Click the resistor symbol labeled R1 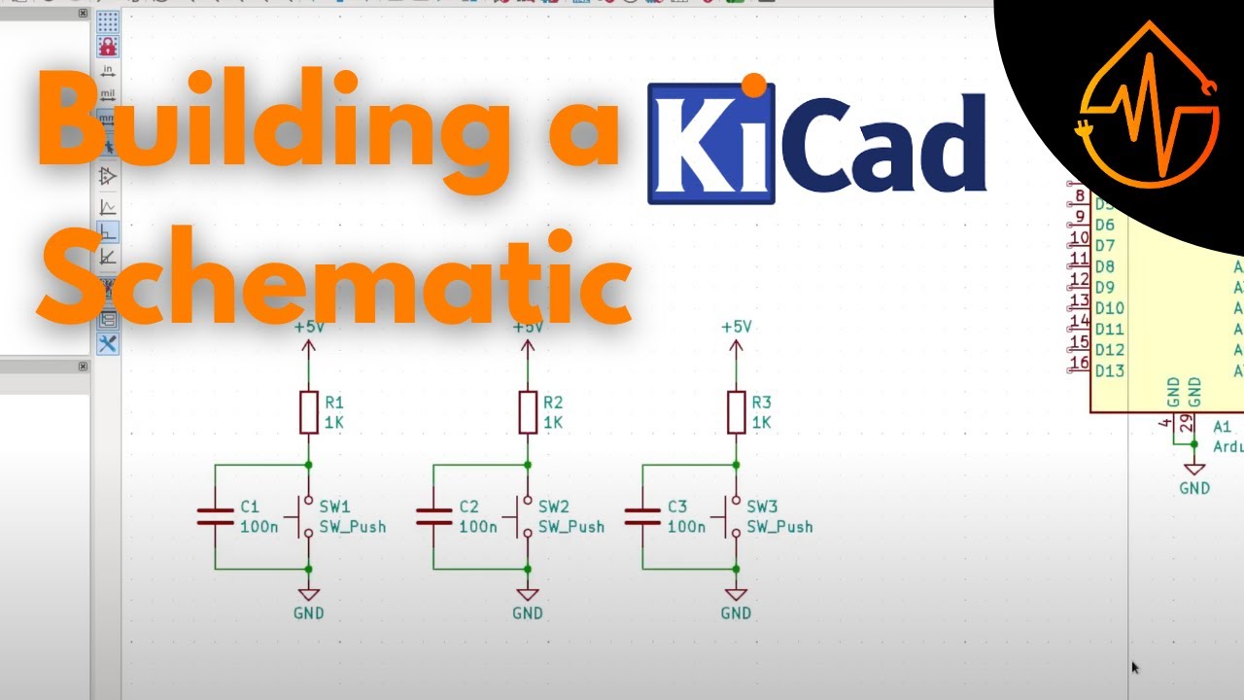pos(309,412)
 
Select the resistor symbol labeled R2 pos(528,412)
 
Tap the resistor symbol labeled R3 pos(736,412)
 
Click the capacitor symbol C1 pos(215,516)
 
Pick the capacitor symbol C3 pos(642,516)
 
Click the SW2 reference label pos(553,507)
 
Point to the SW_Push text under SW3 pos(779,527)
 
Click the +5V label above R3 pos(736,327)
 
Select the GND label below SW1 pos(309,613)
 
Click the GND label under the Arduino pos(1194,488)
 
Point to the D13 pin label pos(1109,370)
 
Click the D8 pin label pos(1104,266)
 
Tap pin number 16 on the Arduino pos(1078,364)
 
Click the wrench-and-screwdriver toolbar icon pos(107,343)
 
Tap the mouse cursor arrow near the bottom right pos(1134,667)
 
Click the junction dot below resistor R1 pos(309,466)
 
